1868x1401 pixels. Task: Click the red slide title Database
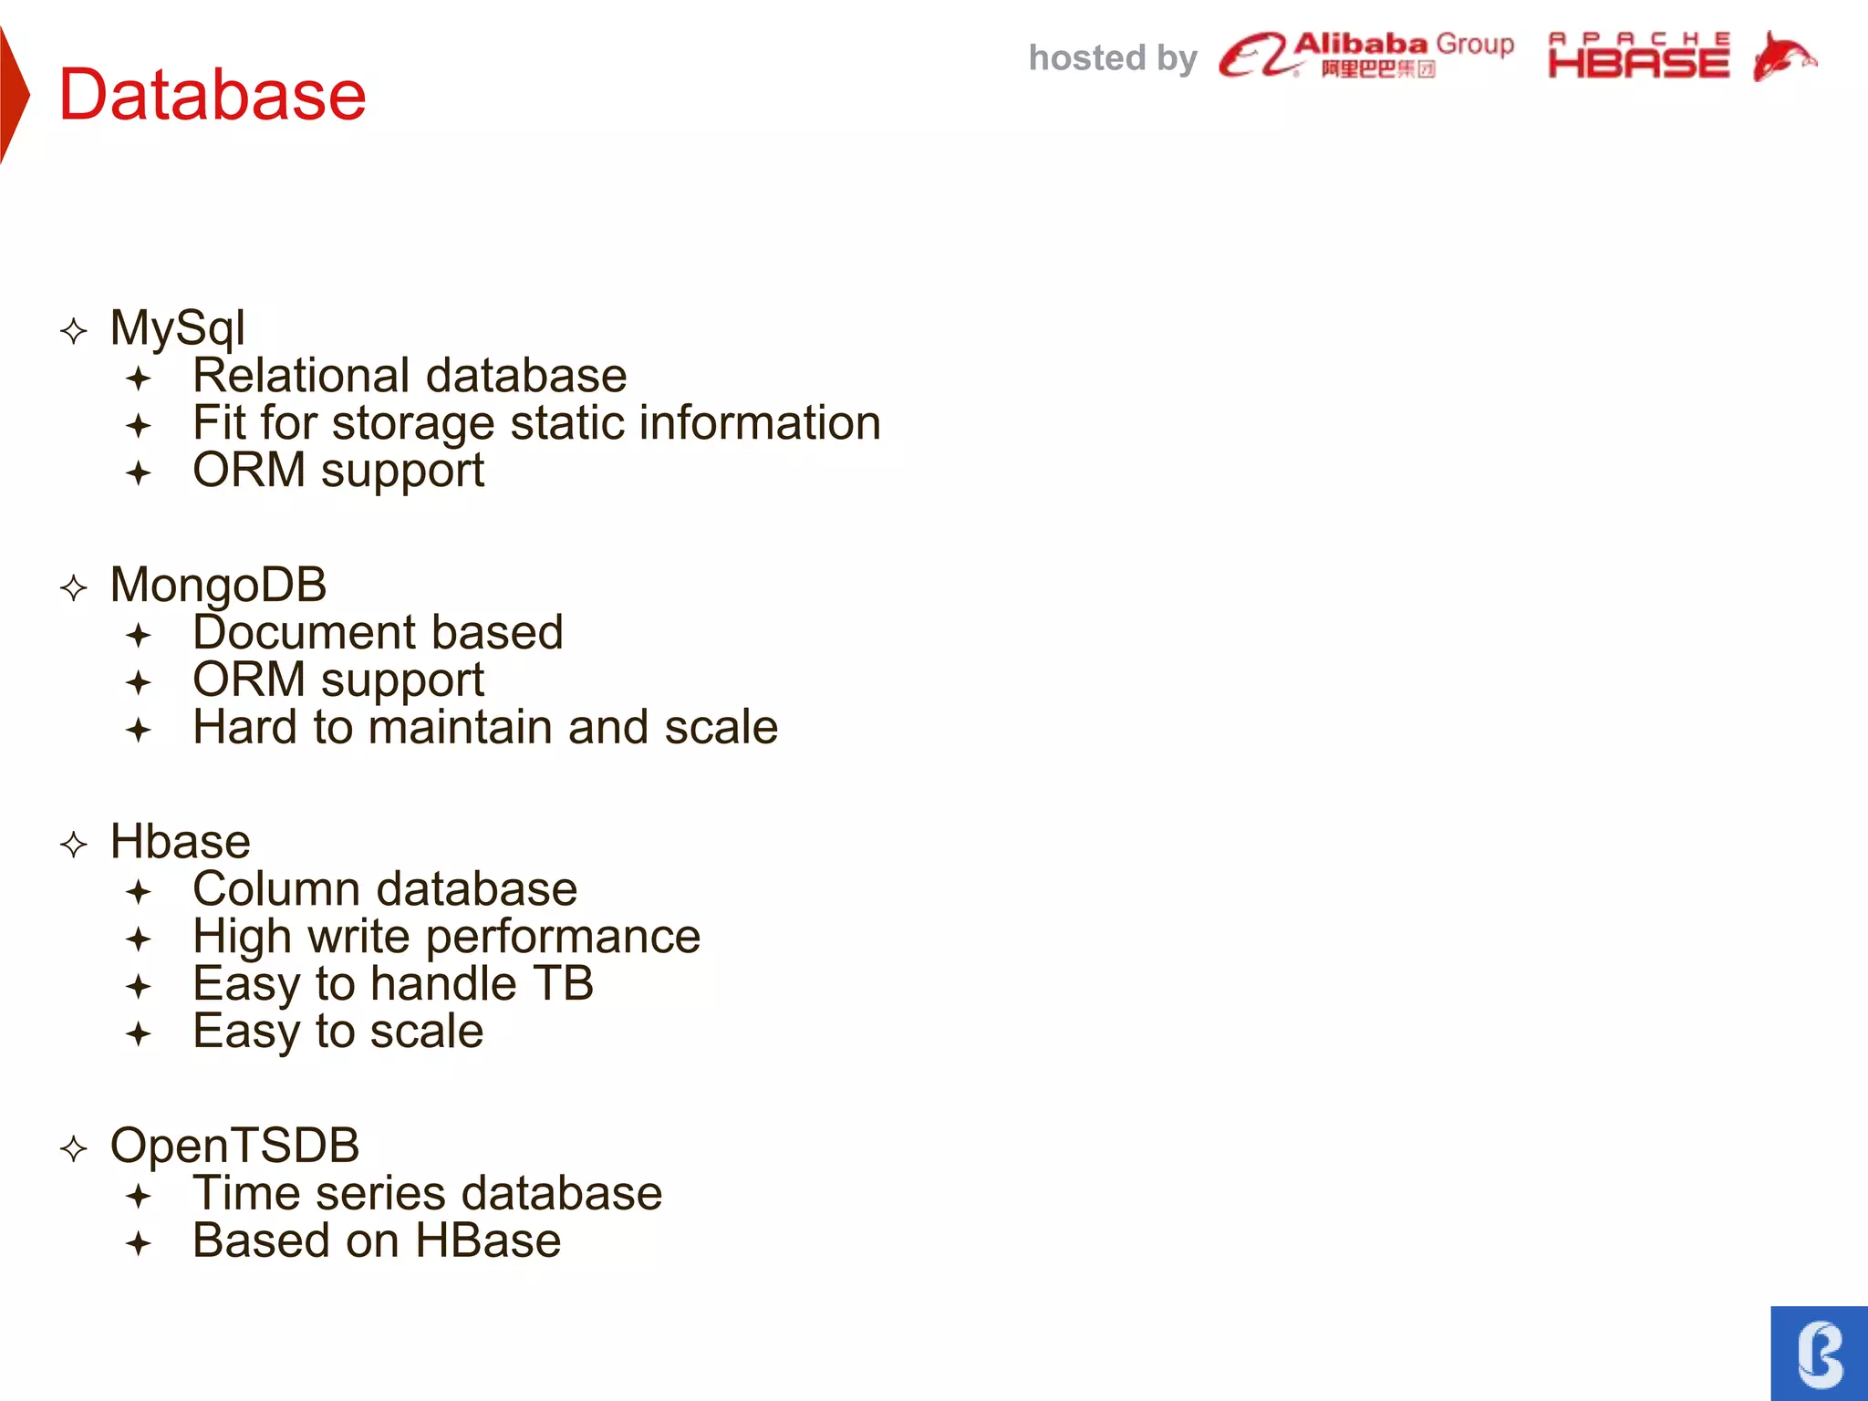[x=212, y=95]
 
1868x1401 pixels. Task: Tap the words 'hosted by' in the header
[x=1112, y=58]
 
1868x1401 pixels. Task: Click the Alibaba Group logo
[x=1366, y=55]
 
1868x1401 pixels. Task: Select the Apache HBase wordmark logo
[x=1638, y=57]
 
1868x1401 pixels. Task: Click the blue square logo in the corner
[x=1820, y=1354]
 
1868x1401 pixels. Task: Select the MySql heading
[x=177, y=327]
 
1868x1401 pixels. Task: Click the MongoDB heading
[x=218, y=585]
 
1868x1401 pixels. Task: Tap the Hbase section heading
[x=180, y=841]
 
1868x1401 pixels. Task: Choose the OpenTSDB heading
[x=234, y=1146]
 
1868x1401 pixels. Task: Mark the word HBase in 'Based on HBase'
[x=488, y=1240]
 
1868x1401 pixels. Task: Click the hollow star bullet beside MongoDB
[x=74, y=587]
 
